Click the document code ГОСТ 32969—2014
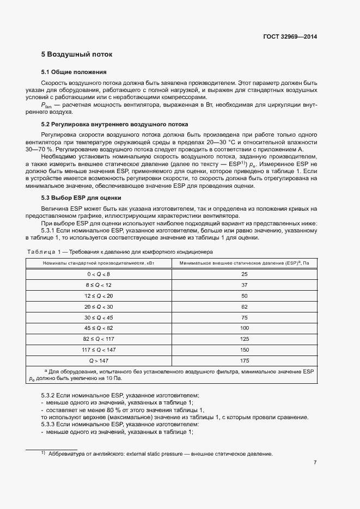290,37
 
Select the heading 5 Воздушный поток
76,55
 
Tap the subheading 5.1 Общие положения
74,72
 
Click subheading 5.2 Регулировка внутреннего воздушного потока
114,124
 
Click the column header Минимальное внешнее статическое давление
244,263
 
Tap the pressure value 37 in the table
244,285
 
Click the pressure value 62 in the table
244,306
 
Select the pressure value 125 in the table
244,339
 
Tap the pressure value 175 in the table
244,361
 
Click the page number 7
315,463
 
